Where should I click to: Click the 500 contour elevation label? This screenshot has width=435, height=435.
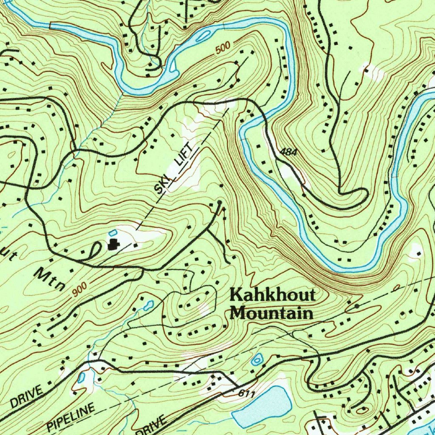pos(223,48)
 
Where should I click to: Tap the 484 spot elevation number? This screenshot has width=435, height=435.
pos(288,152)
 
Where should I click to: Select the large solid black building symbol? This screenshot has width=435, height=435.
pos(113,244)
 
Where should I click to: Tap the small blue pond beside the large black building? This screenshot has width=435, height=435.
pos(112,232)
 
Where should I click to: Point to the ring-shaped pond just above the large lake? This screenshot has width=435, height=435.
pos(257,360)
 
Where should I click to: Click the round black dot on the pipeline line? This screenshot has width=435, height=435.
pos(356,305)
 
